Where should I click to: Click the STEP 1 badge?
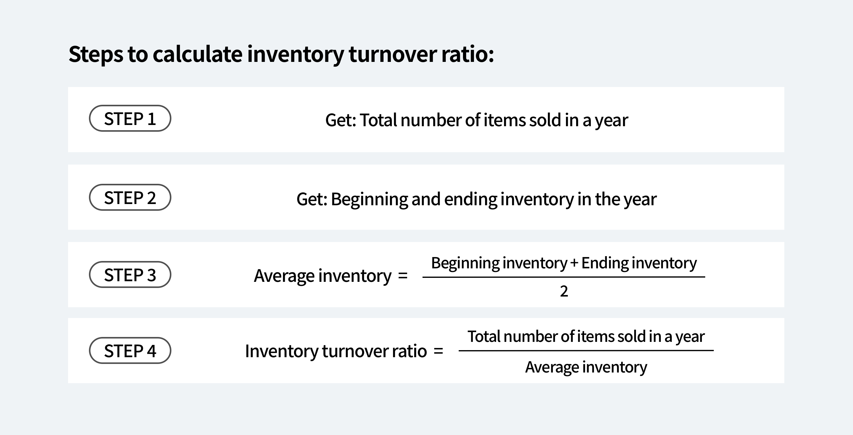130,119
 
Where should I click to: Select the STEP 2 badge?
130,198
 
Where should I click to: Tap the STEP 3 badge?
130,274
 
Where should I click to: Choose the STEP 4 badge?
130,351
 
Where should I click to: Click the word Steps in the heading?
96,54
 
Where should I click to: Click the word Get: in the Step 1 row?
340,120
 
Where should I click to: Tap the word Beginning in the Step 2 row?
369,199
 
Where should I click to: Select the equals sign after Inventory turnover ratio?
438,351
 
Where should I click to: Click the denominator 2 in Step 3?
564,291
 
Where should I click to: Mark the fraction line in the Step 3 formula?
564,277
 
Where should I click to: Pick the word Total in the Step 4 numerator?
484,336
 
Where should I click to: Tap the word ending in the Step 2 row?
471,199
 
